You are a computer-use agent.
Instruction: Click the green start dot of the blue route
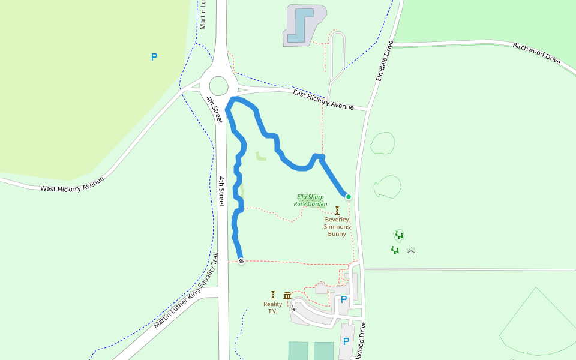pyautogui.click(x=348, y=196)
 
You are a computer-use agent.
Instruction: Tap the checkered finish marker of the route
pyautogui.click(x=241, y=261)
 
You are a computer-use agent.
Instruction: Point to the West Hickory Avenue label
pyautogui.click(x=72, y=184)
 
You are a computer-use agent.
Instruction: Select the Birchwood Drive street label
pyautogui.click(x=536, y=53)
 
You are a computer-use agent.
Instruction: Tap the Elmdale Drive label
pyautogui.click(x=383, y=62)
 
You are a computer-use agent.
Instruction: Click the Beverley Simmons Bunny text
pyautogui.click(x=337, y=226)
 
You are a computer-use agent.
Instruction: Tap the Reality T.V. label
pyautogui.click(x=273, y=308)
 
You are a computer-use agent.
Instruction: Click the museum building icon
pyautogui.click(x=287, y=295)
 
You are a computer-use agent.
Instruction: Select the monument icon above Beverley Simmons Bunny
pyautogui.click(x=337, y=210)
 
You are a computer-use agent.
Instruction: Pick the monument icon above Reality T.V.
pyautogui.click(x=273, y=295)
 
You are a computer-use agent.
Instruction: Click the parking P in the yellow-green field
pyautogui.click(x=154, y=57)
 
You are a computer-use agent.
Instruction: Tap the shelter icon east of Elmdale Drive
pyautogui.click(x=411, y=251)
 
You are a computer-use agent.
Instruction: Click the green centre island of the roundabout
pyautogui.click(x=219, y=86)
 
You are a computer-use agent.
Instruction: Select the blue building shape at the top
pyautogui.click(x=300, y=26)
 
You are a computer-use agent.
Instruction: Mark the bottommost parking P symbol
pyautogui.click(x=346, y=341)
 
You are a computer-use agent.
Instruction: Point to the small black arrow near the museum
pyautogui.click(x=293, y=308)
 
